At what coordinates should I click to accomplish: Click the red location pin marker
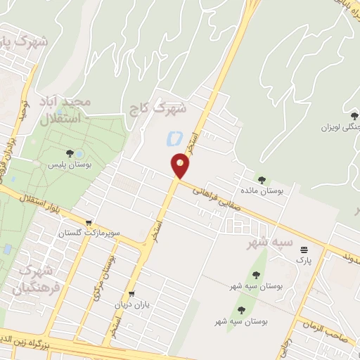coord(181,166)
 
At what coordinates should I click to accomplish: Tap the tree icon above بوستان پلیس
coord(70,153)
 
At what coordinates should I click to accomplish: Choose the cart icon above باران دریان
coord(131,295)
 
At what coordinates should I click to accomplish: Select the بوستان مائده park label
coord(263,191)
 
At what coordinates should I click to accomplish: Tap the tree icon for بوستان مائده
coord(263,180)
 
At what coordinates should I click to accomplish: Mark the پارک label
coord(303,261)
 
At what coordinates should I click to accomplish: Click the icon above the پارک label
coord(304,249)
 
